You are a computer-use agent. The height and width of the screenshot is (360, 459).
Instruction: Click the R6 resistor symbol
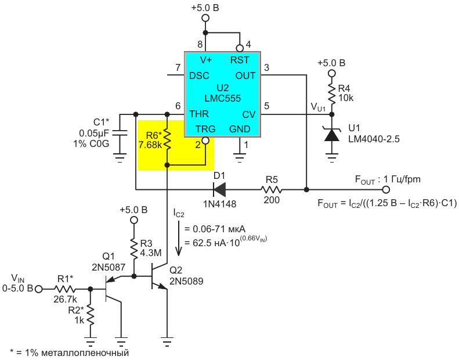point(167,139)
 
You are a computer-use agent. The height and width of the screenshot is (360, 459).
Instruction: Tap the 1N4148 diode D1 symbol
point(219,189)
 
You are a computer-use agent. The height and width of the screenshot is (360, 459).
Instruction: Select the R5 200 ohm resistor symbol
point(272,190)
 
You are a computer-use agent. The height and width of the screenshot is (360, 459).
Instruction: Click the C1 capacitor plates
point(120,133)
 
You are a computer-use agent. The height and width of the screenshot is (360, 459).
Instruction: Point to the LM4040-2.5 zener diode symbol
point(332,135)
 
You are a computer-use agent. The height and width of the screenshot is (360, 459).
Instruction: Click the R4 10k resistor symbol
point(332,93)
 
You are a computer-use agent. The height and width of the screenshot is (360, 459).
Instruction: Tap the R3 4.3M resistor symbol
point(134,249)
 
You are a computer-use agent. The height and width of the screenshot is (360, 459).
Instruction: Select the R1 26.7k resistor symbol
point(64,289)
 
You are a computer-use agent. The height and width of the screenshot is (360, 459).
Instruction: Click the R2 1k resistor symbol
point(91,315)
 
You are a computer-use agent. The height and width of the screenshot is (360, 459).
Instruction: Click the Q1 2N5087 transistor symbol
point(114,289)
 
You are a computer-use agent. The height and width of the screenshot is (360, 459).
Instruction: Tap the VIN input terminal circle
point(39,289)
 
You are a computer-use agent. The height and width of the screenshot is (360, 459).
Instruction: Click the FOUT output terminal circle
point(386,190)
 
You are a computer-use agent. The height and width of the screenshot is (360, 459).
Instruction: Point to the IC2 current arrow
point(179,239)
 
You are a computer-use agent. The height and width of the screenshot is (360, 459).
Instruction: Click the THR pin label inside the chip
point(199,114)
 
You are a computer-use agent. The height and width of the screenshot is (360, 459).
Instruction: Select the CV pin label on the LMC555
point(249,114)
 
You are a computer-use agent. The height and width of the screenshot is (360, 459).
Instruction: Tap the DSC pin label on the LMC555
point(199,76)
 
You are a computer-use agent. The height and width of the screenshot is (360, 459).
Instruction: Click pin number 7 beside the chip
point(178,68)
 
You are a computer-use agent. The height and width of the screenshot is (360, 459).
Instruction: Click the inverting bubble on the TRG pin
point(206,141)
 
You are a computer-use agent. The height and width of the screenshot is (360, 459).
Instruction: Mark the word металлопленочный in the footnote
point(85,352)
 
